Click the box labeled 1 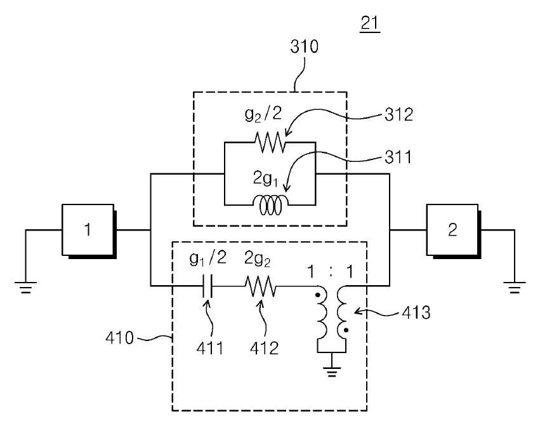click(89, 231)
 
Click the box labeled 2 click(453, 231)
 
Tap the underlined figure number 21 click(370, 23)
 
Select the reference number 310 click(304, 46)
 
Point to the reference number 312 click(398, 114)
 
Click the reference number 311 click(398, 157)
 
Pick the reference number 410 click(119, 338)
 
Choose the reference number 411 click(210, 348)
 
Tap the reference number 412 click(264, 348)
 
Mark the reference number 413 click(416, 312)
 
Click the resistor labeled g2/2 click(270, 142)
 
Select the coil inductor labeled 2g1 click(270, 205)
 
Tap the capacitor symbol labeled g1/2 click(207, 286)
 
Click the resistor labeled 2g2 click(260, 286)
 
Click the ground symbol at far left click(25, 288)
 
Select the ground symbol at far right click(515, 288)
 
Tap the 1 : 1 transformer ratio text click(330, 272)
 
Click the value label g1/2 click(208, 258)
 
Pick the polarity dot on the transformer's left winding click(318, 295)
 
